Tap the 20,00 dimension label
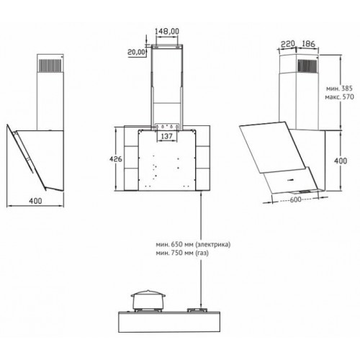pyautogui.click(x=136, y=52)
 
